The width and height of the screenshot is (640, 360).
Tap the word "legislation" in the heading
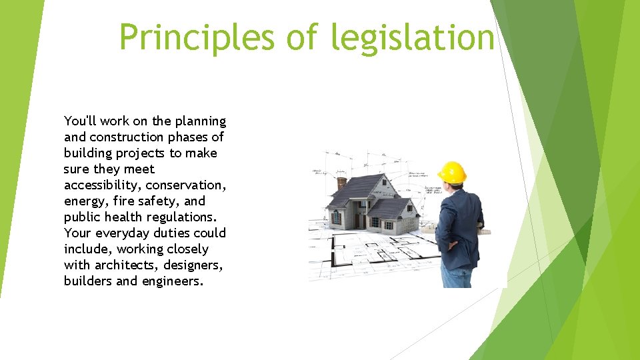point(412,37)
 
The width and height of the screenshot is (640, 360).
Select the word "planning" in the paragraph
point(201,121)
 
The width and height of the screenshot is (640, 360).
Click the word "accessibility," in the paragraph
point(103,185)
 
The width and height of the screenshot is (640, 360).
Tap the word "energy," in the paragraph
point(85,201)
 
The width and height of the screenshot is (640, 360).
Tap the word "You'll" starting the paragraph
point(81,121)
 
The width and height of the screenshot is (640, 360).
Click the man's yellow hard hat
point(453,171)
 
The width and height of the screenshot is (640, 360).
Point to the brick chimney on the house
point(342,182)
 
